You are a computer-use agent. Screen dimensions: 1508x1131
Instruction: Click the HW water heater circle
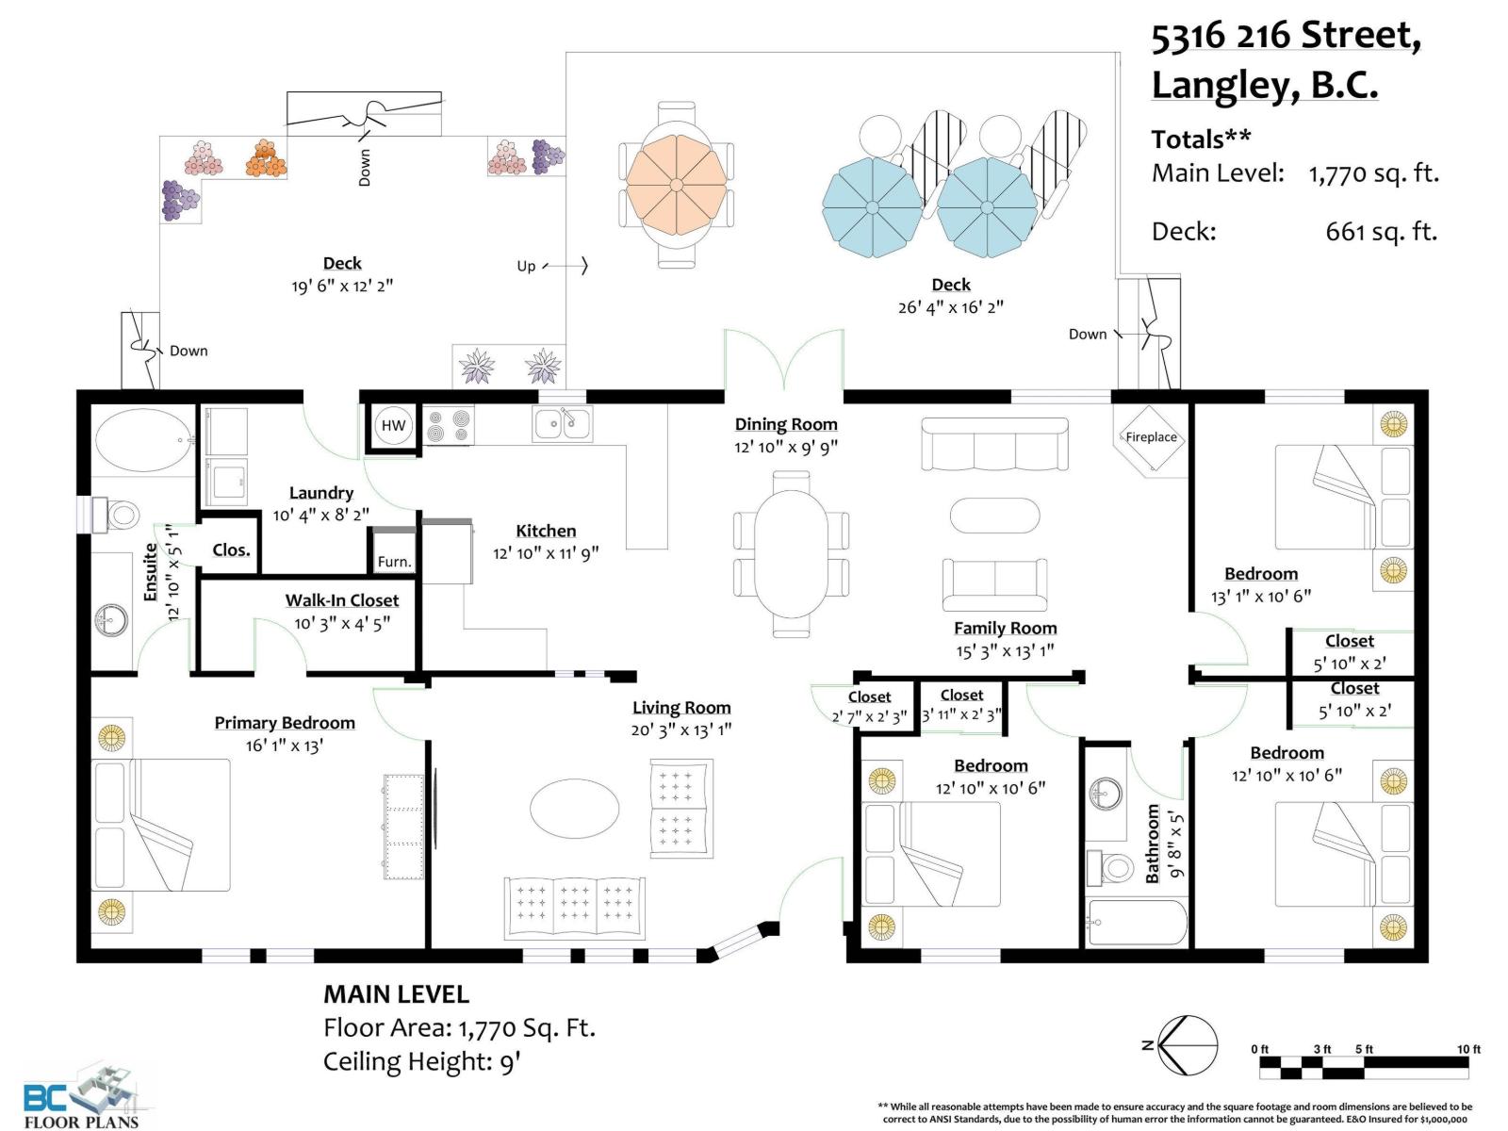(x=393, y=425)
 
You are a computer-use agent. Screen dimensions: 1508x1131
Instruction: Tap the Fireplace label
(x=1151, y=436)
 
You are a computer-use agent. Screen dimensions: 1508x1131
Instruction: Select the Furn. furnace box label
(x=394, y=561)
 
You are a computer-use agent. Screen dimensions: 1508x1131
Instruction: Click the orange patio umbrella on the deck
(x=676, y=185)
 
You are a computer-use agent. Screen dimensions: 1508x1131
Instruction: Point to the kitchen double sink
(x=562, y=424)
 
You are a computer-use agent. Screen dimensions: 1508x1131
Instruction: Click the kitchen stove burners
(x=448, y=425)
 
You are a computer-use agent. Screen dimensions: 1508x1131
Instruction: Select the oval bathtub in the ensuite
(x=144, y=439)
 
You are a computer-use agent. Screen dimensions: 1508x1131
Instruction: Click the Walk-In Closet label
(x=341, y=600)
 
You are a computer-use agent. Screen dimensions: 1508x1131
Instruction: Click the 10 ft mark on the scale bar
(x=1468, y=1049)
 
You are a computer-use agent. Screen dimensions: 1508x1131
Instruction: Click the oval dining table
(x=791, y=553)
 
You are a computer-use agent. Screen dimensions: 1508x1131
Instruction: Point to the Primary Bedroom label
(x=285, y=722)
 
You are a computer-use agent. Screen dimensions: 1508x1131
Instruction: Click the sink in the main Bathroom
(x=1106, y=794)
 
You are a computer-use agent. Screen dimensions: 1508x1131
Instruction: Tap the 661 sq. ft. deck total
(x=1381, y=232)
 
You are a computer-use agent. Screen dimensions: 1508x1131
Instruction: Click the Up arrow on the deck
(x=565, y=265)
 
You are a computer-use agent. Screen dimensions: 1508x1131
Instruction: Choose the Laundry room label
(x=320, y=493)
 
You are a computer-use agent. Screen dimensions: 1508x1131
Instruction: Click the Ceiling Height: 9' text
(x=422, y=1061)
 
